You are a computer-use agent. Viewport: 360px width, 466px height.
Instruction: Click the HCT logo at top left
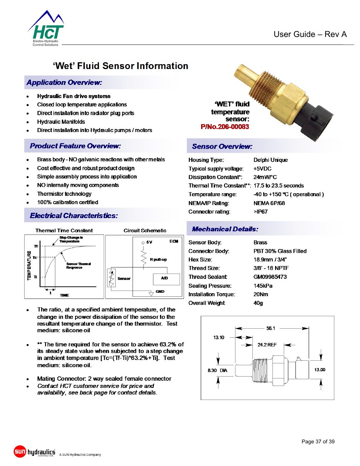pos(46,30)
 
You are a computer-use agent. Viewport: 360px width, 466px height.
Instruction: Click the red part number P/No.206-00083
pos(225,127)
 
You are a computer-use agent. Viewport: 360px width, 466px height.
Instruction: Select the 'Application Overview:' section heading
pos(64,83)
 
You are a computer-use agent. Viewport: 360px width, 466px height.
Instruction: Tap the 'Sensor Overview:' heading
pos(222,146)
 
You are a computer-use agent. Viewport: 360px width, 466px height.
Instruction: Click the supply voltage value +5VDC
pos(262,169)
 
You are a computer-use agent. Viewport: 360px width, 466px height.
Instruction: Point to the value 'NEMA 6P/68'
pos(269,203)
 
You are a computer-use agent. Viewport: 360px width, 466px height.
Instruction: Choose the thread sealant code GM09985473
pos(270,277)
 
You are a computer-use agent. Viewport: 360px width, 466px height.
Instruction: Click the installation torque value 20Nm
pos(261,294)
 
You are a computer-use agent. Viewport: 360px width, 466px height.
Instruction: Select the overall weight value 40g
pos(258,303)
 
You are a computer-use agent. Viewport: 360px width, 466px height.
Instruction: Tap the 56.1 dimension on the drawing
pos(271,328)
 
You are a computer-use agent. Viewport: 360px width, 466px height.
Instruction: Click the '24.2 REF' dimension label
pos(267,345)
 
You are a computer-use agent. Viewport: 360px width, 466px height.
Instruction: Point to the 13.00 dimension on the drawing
pos(320,370)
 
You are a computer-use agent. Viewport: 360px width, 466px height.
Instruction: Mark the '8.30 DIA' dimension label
pos(217,371)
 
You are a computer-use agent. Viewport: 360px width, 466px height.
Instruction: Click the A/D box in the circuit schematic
pos(165,278)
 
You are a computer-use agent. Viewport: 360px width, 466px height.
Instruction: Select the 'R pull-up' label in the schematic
pos(158,260)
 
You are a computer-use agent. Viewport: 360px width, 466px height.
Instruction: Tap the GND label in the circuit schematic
pos(160,292)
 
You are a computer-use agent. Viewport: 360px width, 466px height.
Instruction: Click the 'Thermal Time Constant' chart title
pos(64,231)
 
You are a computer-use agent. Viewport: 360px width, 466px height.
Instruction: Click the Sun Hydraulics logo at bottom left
pos(35,452)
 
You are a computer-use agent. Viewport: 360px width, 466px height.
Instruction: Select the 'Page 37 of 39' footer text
pos(318,441)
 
